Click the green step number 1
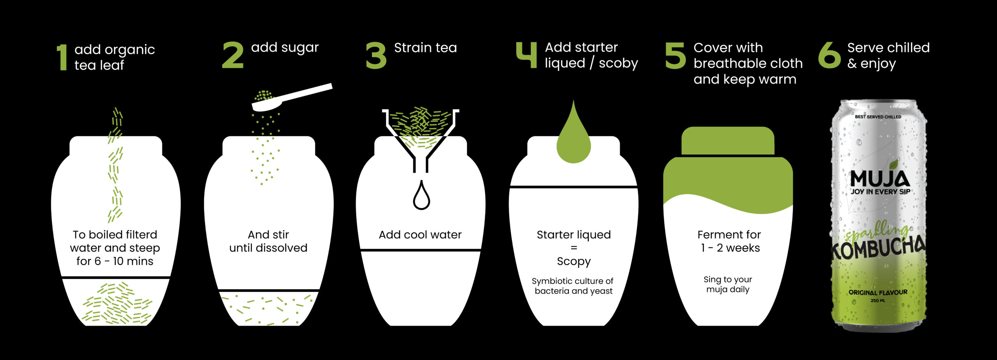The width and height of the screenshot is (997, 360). (x=62, y=57)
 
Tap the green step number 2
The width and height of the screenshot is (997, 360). (x=233, y=56)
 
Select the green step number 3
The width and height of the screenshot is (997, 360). (x=376, y=56)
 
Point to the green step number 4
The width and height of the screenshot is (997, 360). (x=526, y=55)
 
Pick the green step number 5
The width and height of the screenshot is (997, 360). (x=675, y=56)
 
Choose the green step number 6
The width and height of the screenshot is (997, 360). (x=830, y=55)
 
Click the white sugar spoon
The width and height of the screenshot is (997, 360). (x=292, y=97)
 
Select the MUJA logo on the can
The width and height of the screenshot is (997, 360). (x=880, y=179)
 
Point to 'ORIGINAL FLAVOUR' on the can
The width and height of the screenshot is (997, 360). (x=878, y=292)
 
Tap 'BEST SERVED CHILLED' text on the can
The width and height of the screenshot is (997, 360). (x=878, y=116)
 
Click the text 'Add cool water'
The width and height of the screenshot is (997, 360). (x=420, y=235)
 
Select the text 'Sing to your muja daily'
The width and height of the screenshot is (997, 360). (x=728, y=284)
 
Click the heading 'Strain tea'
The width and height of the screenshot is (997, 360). (x=425, y=48)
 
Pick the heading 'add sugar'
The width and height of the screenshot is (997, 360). (x=285, y=48)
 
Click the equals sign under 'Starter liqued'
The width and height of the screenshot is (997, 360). (x=574, y=248)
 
